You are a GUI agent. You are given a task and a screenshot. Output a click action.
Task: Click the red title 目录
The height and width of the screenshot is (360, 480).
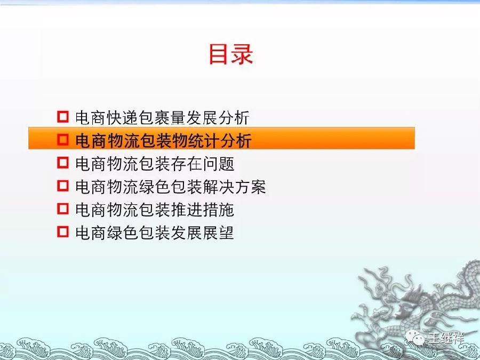click(x=230, y=54)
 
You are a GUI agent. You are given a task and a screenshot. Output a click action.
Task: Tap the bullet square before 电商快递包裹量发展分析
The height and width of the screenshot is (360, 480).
click(x=62, y=116)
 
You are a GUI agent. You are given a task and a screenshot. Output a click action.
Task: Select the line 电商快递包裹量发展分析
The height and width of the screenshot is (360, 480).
click(x=162, y=117)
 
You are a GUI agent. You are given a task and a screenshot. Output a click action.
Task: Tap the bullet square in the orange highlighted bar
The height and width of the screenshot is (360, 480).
click(x=62, y=140)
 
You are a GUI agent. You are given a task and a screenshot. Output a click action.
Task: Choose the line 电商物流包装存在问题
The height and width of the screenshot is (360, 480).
click(x=155, y=163)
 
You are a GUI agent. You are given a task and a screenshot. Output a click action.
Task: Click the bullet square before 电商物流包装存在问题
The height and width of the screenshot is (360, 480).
click(x=62, y=163)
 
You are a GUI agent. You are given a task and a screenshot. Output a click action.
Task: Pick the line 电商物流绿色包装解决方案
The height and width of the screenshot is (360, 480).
click(x=170, y=187)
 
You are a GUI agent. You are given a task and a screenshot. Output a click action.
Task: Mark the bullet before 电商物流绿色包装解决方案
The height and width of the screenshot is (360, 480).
click(x=62, y=186)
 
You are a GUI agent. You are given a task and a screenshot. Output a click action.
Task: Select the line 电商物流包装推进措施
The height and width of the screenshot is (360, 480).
click(x=155, y=210)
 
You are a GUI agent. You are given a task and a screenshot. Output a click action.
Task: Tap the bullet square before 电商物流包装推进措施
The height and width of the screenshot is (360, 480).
click(x=62, y=209)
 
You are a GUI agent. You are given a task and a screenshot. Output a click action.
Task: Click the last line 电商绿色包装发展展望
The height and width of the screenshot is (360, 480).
click(x=155, y=233)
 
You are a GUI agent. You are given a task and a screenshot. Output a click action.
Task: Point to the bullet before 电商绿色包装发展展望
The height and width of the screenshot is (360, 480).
click(x=62, y=233)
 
